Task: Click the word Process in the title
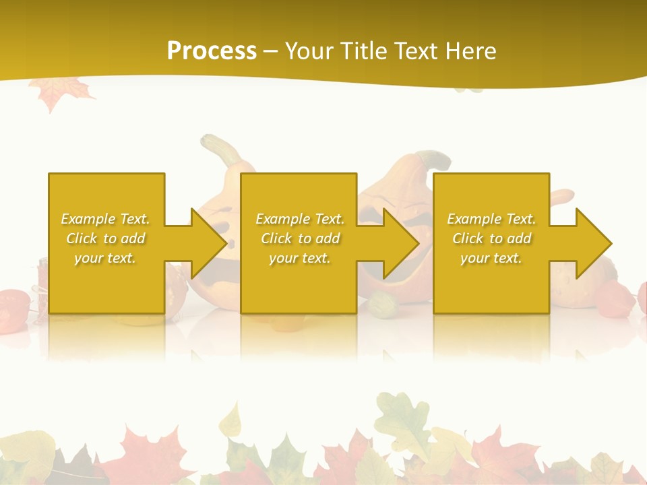tap(212, 51)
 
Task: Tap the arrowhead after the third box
tap(592, 243)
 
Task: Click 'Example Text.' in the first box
tap(105, 219)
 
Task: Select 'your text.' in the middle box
tap(299, 258)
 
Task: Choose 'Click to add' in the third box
tap(491, 238)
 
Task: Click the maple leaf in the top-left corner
tap(61, 92)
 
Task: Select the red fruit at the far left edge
tap(12, 310)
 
